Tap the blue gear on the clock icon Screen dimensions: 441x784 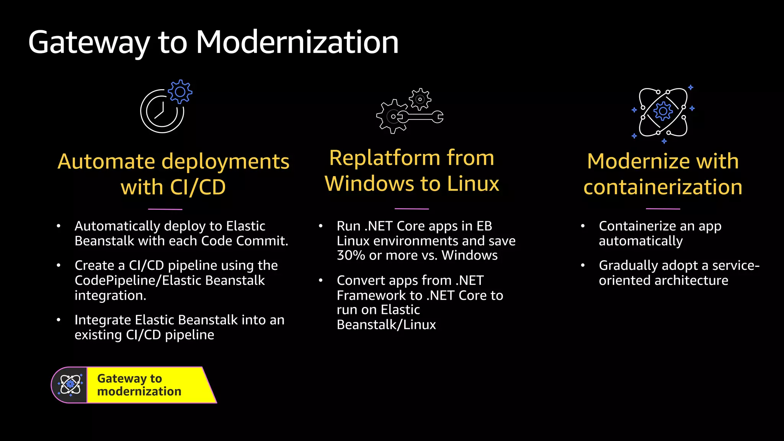[180, 91]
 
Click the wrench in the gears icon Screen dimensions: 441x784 [421, 117]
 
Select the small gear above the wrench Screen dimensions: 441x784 [420, 99]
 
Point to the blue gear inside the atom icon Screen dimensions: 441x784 [663, 111]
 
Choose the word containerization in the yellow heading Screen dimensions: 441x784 [663, 187]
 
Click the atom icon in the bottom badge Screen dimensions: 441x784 [70, 384]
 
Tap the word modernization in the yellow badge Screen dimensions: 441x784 [139, 392]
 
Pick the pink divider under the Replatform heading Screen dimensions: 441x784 [412, 209]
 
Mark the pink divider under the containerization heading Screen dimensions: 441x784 [663, 209]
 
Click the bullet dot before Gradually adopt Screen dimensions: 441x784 [583, 265]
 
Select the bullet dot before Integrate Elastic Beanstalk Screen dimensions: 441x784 [59, 320]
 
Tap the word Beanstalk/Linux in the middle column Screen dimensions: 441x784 [386, 325]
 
